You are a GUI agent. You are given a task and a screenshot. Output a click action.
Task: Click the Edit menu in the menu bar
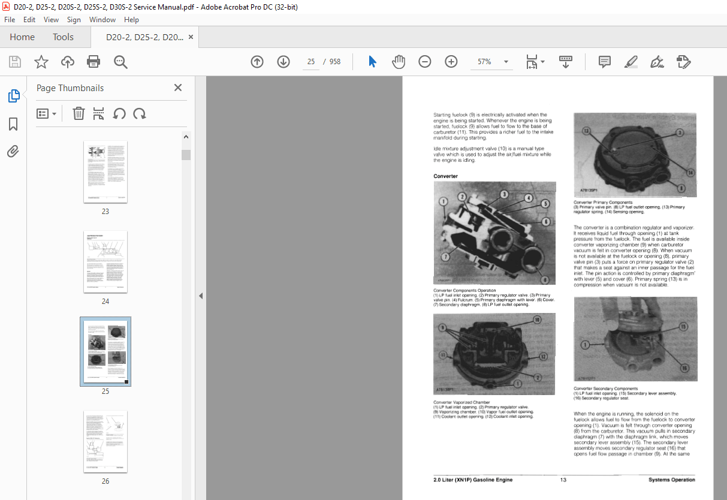[x=29, y=20]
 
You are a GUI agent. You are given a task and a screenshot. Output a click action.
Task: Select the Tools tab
[x=63, y=37]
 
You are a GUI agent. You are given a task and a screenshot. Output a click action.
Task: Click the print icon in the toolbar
[x=93, y=62]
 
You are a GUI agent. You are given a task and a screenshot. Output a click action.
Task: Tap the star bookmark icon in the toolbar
[x=41, y=62]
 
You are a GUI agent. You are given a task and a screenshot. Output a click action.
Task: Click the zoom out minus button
[x=425, y=62]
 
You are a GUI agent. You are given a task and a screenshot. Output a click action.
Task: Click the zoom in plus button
[x=451, y=62]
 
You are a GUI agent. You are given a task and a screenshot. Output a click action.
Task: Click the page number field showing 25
[x=311, y=62]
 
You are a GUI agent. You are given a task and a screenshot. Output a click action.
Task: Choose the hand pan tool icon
[x=399, y=62]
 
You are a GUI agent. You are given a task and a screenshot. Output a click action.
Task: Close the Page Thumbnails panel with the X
[x=178, y=88]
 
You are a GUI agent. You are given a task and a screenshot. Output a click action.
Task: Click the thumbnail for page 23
[x=105, y=172]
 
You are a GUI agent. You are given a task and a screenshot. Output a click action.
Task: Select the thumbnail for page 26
[x=105, y=442]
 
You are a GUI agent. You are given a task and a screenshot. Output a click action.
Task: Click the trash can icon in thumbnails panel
[x=79, y=113]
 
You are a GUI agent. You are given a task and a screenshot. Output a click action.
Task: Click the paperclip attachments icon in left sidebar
[x=13, y=151]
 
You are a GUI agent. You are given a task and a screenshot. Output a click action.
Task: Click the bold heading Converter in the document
[x=446, y=176]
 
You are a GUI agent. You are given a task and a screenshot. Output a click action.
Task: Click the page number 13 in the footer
[x=563, y=480]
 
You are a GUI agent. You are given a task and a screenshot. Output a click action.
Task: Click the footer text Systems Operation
[x=671, y=480]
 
